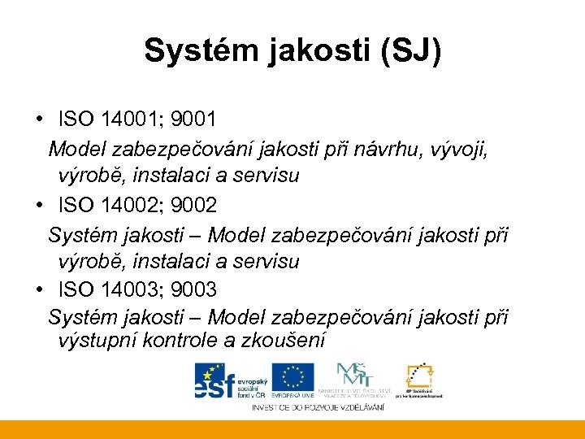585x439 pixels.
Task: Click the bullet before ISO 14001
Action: click(x=39, y=120)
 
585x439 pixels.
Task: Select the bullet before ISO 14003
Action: click(x=39, y=289)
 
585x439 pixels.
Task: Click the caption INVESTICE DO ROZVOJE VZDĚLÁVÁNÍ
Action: click(x=318, y=406)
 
